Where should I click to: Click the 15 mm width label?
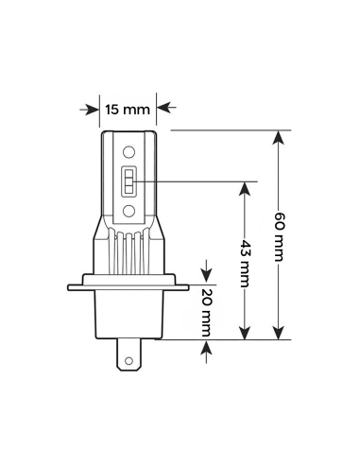(128, 109)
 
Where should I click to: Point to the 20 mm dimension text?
(206, 310)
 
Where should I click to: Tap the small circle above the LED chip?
(129, 151)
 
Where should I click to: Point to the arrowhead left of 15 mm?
(93, 109)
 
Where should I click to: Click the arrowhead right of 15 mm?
(163, 109)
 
